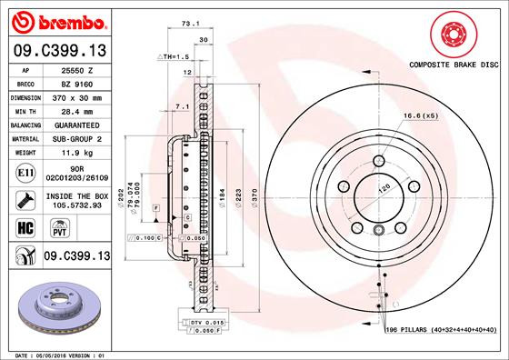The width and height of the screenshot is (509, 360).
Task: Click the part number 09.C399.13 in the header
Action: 57,50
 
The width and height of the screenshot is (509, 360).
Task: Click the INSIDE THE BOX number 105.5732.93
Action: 76,205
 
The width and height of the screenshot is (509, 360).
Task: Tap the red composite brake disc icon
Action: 452,35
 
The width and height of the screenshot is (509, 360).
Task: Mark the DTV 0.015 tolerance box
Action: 208,323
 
